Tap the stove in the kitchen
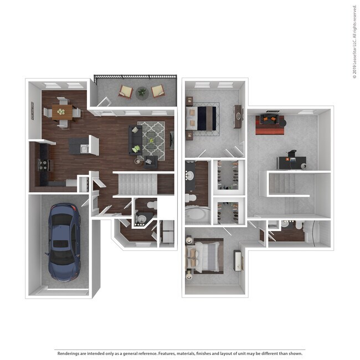[x=43, y=164]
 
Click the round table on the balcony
[x=142, y=91]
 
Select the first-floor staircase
[x=143, y=183]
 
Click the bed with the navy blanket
[x=202, y=117]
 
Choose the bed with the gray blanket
[x=204, y=256]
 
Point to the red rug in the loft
[x=271, y=125]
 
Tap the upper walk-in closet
[x=228, y=176]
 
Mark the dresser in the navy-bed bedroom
[x=238, y=116]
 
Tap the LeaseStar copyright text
[x=354, y=42]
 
